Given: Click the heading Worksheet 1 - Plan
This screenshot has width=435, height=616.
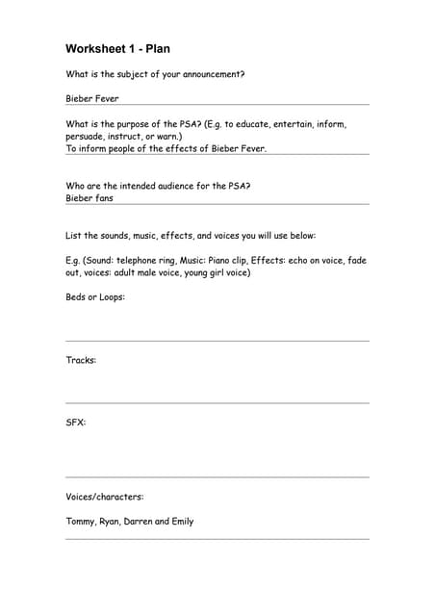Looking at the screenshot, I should click(117, 48).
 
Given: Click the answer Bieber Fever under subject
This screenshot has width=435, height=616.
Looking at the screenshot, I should click(92, 98).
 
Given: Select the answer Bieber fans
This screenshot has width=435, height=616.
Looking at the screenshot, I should click(90, 198).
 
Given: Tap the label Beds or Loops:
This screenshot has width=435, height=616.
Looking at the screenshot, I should click(95, 296).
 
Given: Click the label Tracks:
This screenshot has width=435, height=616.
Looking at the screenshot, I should click(81, 360).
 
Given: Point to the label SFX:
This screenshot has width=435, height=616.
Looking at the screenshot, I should click(76, 422).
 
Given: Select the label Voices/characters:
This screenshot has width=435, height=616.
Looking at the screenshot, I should click(105, 497).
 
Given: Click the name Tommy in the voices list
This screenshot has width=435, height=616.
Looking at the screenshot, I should click(80, 522).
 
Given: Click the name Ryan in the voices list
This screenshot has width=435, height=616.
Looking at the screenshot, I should click(110, 522).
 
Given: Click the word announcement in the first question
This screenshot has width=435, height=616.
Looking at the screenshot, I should click(212, 74).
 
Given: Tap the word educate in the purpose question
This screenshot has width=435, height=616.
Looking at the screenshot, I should click(249, 124).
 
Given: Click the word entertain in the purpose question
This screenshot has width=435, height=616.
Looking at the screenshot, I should click(295, 124).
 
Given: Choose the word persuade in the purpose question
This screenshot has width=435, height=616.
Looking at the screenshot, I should click(86, 137).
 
